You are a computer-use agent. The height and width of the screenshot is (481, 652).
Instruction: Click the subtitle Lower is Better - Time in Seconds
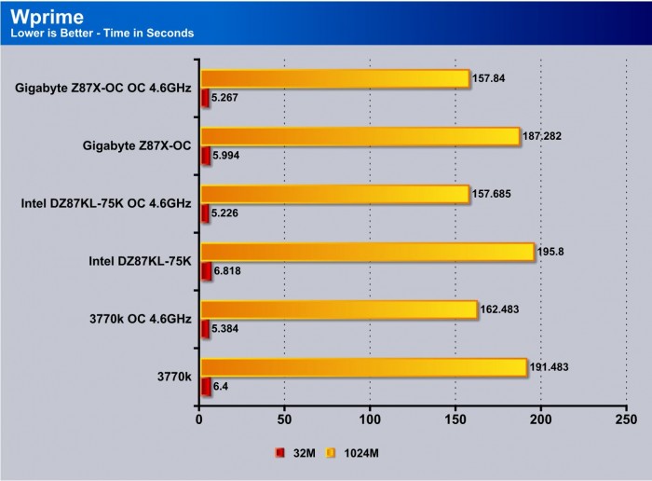[102, 34]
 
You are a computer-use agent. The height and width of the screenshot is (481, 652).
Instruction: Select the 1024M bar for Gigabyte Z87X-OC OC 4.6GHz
[334, 78]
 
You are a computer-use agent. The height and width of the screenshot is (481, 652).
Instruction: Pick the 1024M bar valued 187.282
[360, 136]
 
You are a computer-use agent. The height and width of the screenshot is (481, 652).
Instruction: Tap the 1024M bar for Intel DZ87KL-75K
[367, 252]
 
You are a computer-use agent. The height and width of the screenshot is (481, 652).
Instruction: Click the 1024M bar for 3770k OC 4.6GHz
[338, 309]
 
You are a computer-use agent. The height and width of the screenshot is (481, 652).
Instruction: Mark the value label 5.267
[226, 96]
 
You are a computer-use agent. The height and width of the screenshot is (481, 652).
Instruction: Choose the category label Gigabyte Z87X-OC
[136, 146]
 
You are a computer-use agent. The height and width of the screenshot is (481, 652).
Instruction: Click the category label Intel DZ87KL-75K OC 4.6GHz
[105, 204]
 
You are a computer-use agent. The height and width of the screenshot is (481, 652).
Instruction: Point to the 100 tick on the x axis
[370, 419]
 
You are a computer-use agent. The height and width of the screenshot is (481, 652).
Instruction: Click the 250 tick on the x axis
[626, 419]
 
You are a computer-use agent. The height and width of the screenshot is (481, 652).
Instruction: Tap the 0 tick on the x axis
[199, 419]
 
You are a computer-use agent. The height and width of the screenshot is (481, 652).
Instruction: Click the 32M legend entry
[297, 453]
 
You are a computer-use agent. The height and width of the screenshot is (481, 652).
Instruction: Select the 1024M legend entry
[358, 453]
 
